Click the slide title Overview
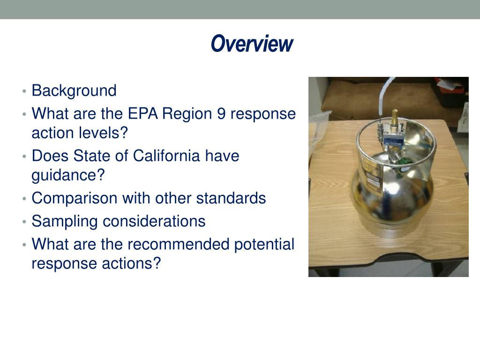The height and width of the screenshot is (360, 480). point(252,44)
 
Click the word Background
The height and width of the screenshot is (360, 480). point(74,90)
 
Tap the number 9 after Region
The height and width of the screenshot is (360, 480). point(221,114)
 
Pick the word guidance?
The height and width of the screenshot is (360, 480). point(68,175)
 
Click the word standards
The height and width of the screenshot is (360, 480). point(231,198)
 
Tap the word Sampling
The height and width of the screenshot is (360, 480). point(65,221)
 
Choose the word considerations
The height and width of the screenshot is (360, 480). point(154,221)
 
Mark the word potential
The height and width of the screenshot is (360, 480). point(265,244)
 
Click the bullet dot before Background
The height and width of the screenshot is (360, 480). point(24,91)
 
